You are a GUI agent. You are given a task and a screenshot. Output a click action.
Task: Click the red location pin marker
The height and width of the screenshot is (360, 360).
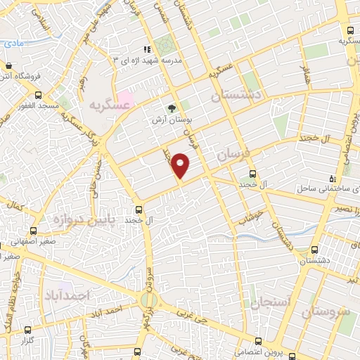tap(181, 165)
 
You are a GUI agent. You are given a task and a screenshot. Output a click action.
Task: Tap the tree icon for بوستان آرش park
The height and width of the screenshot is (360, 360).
tap(170, 108)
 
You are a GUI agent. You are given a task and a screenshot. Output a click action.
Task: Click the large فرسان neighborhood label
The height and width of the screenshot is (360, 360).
tap(232, 155)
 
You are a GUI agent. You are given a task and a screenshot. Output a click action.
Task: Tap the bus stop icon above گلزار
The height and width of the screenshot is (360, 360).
tap(27, 329)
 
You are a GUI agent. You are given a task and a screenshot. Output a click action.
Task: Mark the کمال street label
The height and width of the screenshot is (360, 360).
tap(13, 207)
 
